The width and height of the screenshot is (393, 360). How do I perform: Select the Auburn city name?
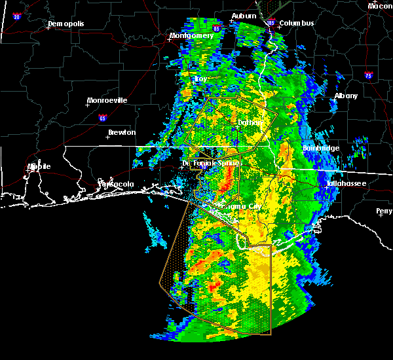[243, 16]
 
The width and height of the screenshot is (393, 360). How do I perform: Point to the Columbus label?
[297, 24]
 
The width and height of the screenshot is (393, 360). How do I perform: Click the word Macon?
[380, 6]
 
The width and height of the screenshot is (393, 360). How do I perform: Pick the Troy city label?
[200, 79]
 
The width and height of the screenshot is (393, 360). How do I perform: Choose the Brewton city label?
[122, 132]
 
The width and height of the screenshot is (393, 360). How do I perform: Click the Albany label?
[346, 96]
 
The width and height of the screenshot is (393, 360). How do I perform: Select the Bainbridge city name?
[321, 149]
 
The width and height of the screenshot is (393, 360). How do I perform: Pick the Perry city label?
[384, 211]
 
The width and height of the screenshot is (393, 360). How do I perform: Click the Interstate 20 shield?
[16, 16]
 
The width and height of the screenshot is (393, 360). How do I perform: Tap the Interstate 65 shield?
[102, 118]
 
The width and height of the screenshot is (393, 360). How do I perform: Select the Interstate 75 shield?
[369, 76]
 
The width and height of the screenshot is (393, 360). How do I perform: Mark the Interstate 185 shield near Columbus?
[271, 23]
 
